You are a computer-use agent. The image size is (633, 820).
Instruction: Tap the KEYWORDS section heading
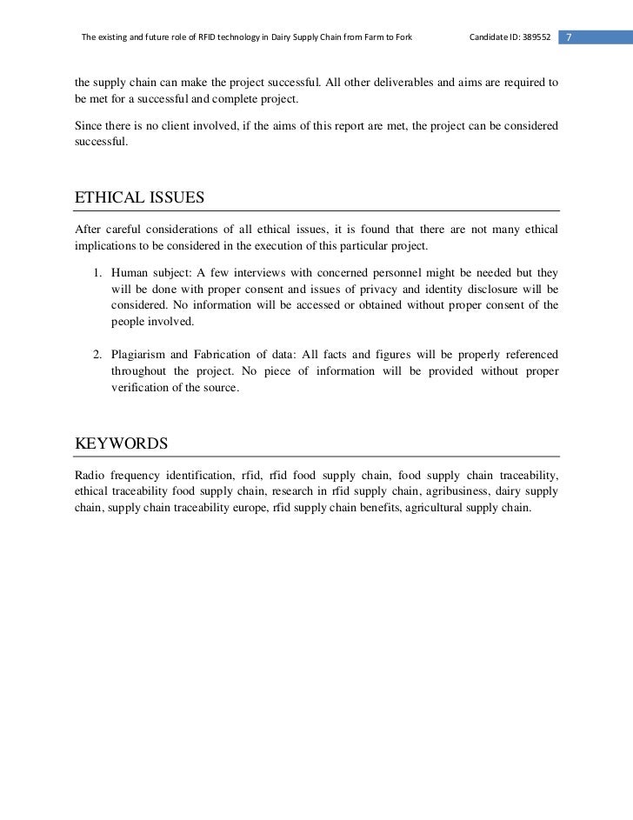(x=122, y=443)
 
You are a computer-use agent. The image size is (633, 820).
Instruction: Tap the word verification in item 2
(x=139, y=387)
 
